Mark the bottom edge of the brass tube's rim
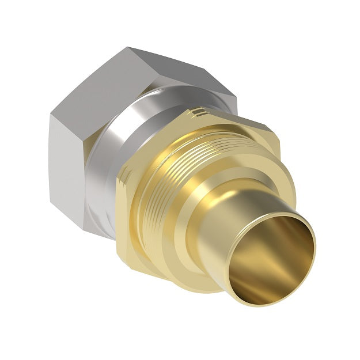(x=271, y=302)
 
